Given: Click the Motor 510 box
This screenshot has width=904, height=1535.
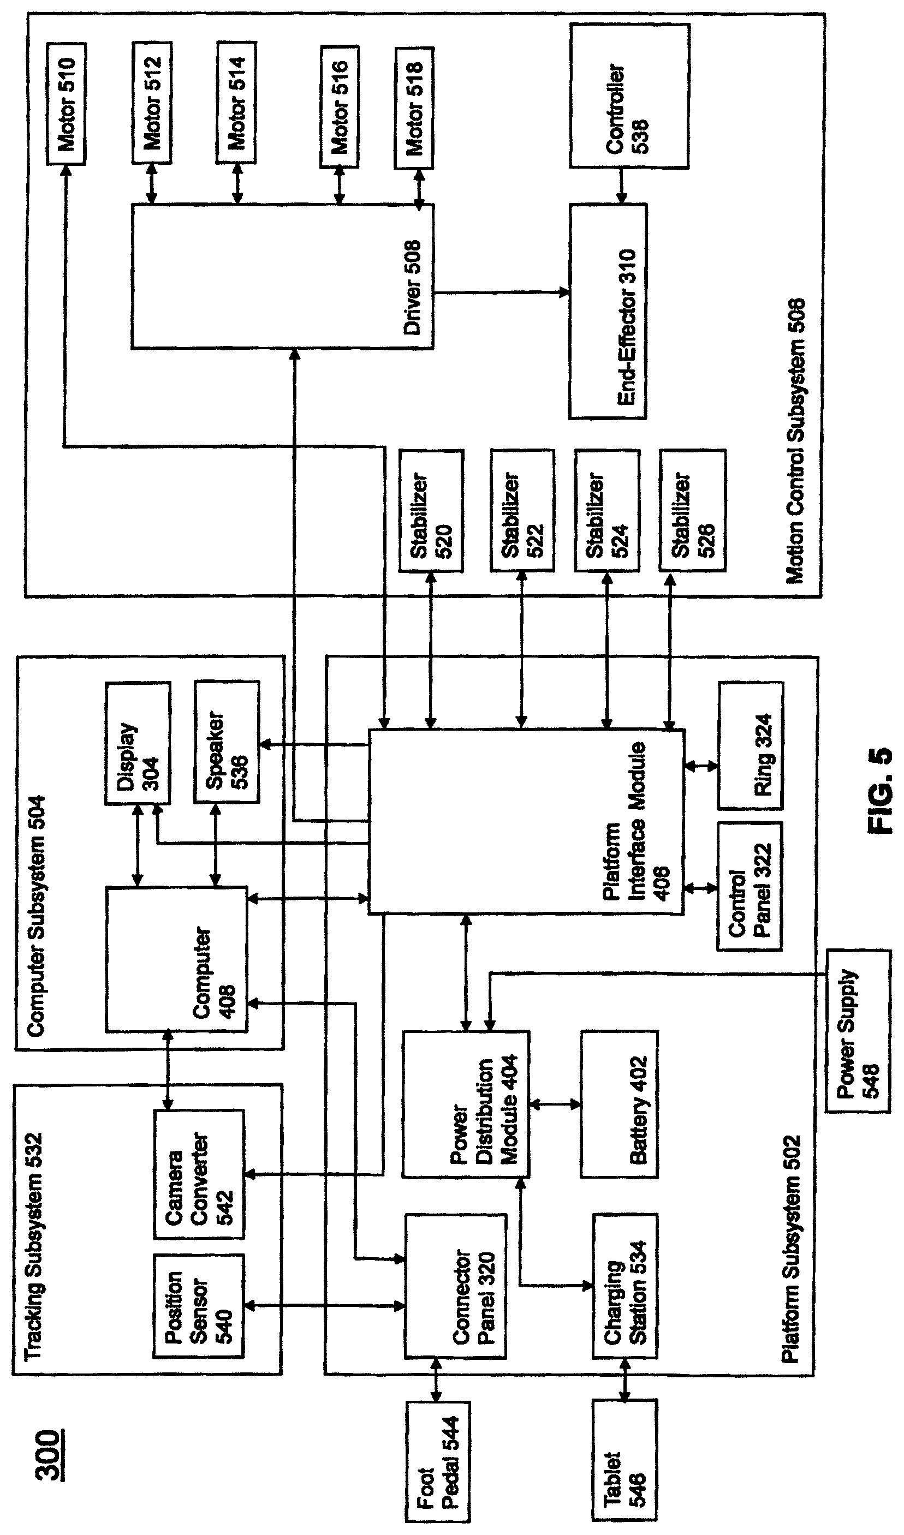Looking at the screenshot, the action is click(67, 104).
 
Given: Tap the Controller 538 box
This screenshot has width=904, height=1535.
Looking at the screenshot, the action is click(629, 95).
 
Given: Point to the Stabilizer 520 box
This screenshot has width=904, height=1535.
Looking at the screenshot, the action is click(431, 510).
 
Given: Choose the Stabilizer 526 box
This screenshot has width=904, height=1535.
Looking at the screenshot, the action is click(692, 510).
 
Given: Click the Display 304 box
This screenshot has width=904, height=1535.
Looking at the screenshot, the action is click(138, 743).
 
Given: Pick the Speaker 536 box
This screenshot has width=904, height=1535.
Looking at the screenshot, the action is click(227, 742).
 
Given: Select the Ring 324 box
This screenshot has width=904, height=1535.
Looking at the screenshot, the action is click(751, 745).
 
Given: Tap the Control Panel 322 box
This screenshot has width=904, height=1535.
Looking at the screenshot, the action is click(750, 886).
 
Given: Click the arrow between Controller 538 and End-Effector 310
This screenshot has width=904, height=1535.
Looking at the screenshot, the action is click(621, 187).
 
